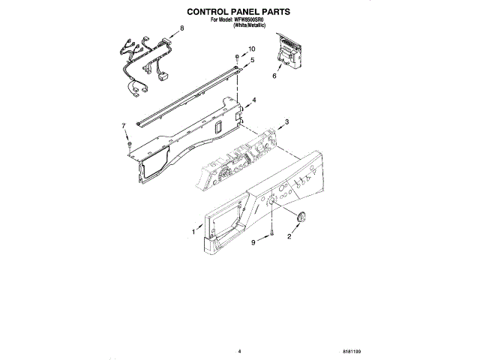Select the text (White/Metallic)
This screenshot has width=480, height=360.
tap(251, 25)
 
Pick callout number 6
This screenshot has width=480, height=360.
tap(274, 76)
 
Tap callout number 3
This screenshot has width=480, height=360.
tap(286, 121)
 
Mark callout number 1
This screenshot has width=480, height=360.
tap(193, 232)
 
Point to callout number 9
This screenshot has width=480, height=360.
tap(253, 242)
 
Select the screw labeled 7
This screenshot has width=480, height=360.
tap(130, 142)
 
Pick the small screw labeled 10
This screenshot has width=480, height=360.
tap(237, 57)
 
